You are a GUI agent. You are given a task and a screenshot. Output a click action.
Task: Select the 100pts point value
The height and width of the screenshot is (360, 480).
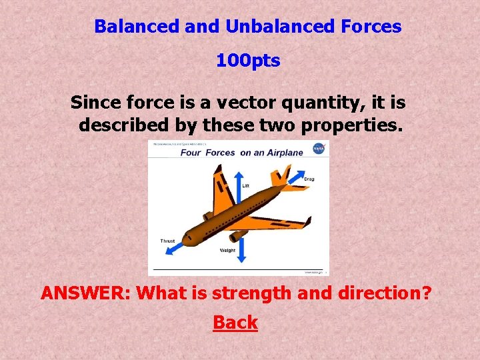click(x=248, y=61)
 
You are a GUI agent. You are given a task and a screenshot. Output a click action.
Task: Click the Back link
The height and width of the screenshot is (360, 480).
click(x=235, y=323)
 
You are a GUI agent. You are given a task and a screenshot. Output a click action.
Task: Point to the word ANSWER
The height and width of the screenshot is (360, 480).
click(x=87, y=293)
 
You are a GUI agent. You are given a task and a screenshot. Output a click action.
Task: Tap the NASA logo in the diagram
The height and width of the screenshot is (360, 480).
click(x=318, y=148)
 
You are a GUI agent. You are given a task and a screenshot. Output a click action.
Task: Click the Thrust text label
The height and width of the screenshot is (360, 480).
click(x=167, y=241)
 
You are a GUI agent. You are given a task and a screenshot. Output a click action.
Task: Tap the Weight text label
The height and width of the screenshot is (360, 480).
click(x=227, y=251)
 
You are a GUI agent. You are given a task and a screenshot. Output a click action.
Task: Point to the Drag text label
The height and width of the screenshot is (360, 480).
click(x=309, y=179)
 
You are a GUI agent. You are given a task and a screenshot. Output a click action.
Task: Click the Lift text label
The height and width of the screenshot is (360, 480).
click(x=245, y=186)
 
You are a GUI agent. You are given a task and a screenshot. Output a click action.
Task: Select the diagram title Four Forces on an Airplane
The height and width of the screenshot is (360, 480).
click(x=241, y=152)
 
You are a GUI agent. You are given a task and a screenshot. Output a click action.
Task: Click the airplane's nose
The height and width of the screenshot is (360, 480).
click(x=187, y=237)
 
